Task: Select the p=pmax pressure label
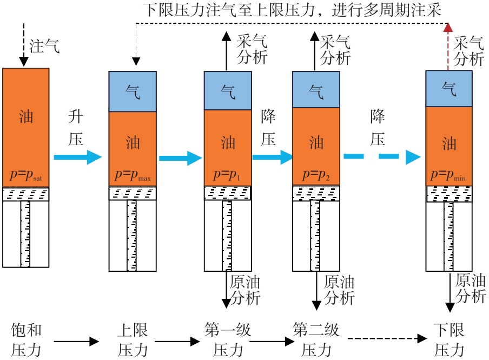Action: click(133, 176)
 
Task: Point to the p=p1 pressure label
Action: click(228, 176)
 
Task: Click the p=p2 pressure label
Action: click(316, 176)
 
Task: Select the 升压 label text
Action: click(76, 128)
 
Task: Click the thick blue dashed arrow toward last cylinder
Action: click(382, 157)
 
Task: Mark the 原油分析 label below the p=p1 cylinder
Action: click(245, 290)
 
